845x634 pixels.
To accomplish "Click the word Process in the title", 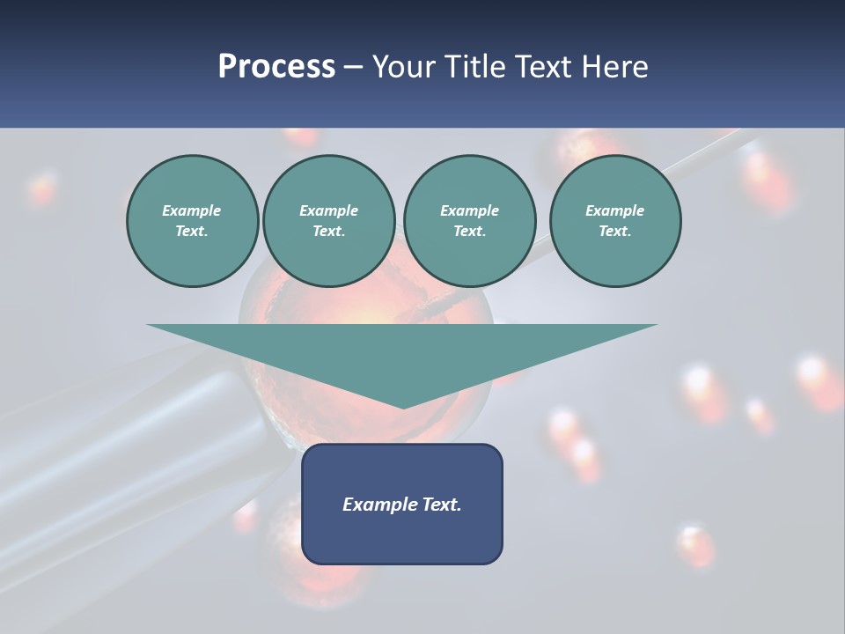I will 276,67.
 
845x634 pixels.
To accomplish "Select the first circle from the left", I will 192,221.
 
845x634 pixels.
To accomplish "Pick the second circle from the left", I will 328,221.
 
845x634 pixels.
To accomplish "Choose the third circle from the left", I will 469,221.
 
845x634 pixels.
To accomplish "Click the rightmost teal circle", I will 614,221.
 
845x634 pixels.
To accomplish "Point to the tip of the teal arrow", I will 402,407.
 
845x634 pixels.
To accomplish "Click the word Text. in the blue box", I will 441,505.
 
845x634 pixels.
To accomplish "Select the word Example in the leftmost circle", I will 192,210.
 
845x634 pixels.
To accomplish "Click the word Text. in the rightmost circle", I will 614,232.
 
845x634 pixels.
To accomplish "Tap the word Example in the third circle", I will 469,210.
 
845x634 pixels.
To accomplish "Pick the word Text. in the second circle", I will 328,232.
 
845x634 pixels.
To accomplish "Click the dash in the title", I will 353,67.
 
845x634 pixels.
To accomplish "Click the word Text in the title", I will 540,67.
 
